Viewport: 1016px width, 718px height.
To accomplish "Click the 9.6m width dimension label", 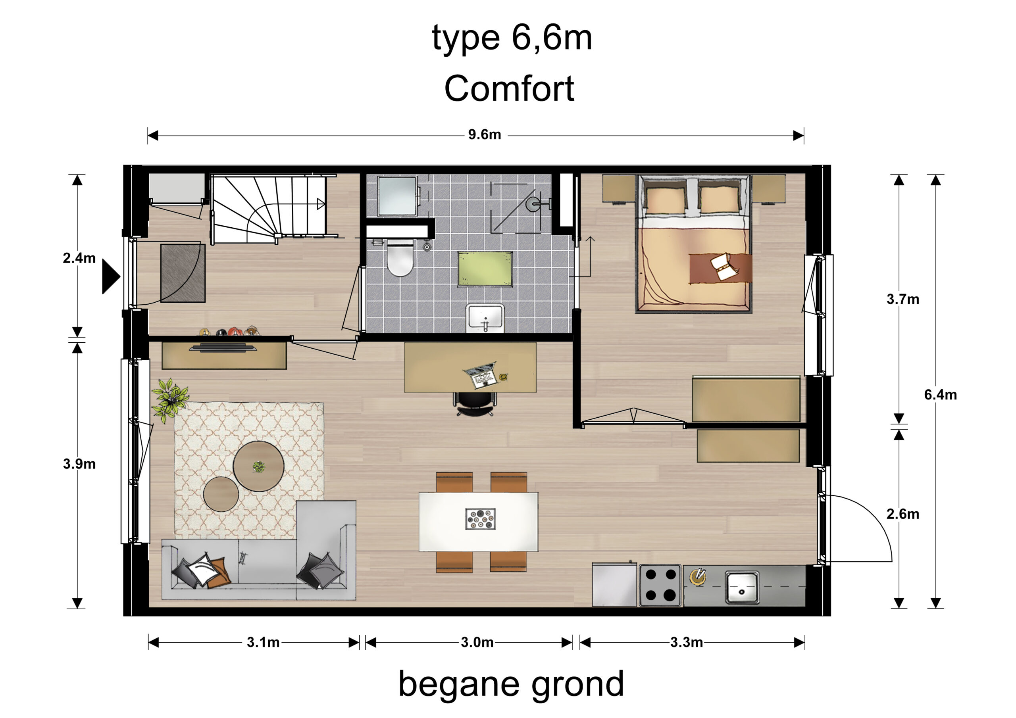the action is [x=485, y=134].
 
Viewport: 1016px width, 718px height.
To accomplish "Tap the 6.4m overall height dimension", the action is [x=940, y=395].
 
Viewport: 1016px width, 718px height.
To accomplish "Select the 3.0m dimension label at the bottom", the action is [x=477, y=642].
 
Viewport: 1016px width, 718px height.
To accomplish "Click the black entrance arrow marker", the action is [x=111, y=276].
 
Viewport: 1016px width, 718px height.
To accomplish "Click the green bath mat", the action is [x=485, y=269].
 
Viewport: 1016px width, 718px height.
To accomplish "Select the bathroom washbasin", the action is [x=485, y=317].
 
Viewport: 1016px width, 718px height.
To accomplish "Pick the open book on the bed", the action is [x=724, y=266].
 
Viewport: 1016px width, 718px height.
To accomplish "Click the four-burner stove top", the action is [x=661, y=585].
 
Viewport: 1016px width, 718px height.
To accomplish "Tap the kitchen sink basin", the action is [x=742, y=587].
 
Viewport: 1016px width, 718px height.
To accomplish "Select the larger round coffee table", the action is [x=258, y=466].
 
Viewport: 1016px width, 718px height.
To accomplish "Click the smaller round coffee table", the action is [x=221, y=494].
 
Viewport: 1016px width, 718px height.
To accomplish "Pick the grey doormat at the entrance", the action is [x=183, y=273].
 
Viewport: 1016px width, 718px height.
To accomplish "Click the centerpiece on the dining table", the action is [x=480, y=519].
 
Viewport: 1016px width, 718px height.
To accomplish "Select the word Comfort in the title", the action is [x=509, y=88].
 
